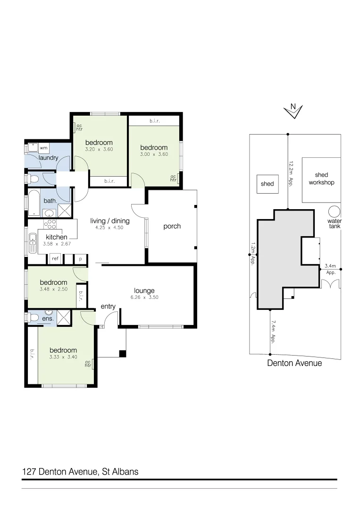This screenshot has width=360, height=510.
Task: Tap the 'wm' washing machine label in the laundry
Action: [x=43, y=148]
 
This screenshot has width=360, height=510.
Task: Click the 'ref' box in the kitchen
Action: [x=55, y=259]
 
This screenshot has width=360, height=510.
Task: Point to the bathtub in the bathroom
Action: [x=34, y=202]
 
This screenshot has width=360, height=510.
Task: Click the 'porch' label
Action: [x=172, y=226]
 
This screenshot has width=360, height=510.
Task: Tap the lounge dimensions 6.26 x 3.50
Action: [x=144, y=298]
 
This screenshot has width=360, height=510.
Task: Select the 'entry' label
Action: [x=108, y=306]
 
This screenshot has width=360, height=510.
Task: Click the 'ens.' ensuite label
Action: [x=48, y=319]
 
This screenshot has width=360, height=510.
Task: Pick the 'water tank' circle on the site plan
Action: [x=335, y=211]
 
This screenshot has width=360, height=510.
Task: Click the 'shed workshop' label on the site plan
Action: [x=321, y=178]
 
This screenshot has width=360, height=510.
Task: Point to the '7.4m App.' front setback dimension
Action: [x=273, y=332]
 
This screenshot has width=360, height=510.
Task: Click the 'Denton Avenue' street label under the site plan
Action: [x=294, y=363]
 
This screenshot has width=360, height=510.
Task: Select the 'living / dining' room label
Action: [x=109, y=221]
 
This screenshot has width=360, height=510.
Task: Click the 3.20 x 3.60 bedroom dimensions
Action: [x=99, y=149]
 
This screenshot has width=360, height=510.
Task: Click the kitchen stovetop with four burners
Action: [x=50, y=224]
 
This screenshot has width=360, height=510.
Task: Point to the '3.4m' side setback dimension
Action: [x=330, y=266]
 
